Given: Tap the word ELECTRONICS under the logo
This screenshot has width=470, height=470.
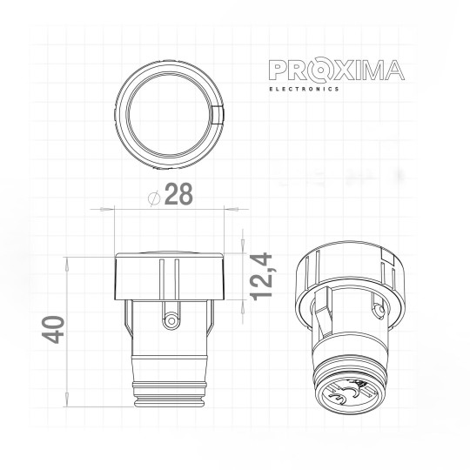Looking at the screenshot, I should (302, 89).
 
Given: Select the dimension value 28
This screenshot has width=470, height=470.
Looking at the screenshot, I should (178, 195).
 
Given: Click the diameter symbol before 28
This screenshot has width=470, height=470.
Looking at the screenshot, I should (154, 197).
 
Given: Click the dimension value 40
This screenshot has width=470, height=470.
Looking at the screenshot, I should (55, 331).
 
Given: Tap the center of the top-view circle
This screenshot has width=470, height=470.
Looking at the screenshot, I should (172, 114).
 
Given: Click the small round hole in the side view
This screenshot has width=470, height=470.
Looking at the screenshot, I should (171, 321).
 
